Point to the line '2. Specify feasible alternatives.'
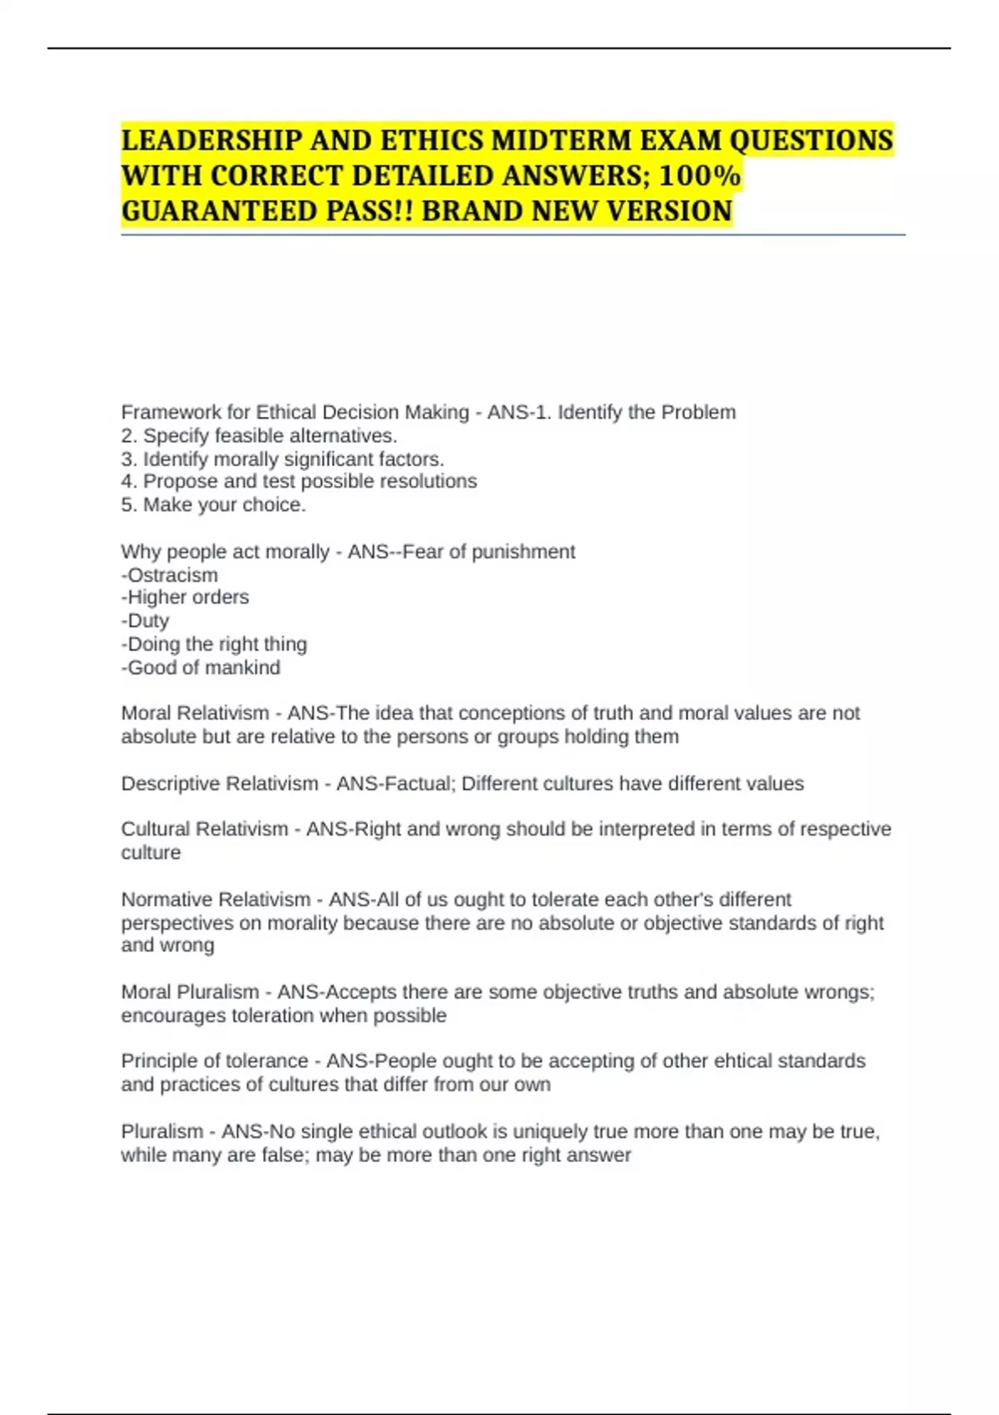[259, 435]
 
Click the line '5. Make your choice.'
[213, 504]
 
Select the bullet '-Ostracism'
[170, 575]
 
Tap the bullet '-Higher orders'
[185, 598]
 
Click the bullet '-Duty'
[145, 621]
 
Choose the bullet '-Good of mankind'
[201, 668]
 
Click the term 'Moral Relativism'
[195, 713]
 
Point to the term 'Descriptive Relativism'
[220, 784]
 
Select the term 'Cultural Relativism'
[204, 829]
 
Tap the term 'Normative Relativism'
[216, 900]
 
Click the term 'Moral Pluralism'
[190, 992]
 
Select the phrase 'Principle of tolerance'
[215, 1061]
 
